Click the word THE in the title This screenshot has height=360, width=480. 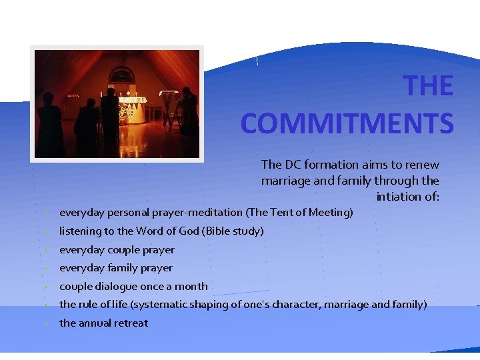(429, 87)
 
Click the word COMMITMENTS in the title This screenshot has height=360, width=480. (347, 123)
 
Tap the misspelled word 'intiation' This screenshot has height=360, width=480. (398, 197)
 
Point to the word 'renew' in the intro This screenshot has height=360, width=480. (423, 164)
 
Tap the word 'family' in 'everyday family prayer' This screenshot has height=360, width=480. (121, 268)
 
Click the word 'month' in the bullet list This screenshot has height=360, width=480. (192, 287)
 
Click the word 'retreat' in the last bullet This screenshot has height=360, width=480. (130, 323)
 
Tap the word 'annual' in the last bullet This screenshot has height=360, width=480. (97, 323)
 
